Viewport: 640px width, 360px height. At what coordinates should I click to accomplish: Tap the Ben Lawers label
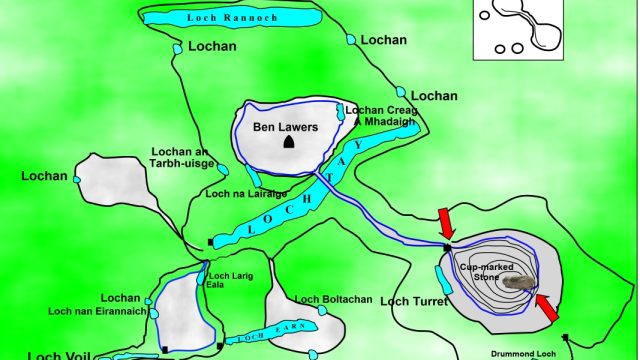pyautogui.click(x=280, y=127)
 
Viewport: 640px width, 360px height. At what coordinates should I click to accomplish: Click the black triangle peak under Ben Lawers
pyautogui.click(x=289, y=143)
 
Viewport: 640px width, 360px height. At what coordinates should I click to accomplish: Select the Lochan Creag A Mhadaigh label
pyautogui.click(x=379, y=115)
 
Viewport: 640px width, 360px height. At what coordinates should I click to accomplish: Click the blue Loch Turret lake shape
pyautogui.click(x=447, y=281)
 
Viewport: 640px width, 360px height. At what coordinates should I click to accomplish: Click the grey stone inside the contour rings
pyautogui.click(x=516, y=282)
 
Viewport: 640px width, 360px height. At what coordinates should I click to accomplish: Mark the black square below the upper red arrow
pyautogui.click(x=447, y=246)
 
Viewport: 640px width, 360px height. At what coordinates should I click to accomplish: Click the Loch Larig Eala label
pyautogui.click(x=228, y=279)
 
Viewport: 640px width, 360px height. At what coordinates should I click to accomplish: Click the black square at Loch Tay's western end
pyautogui.click(x=210, y=242)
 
